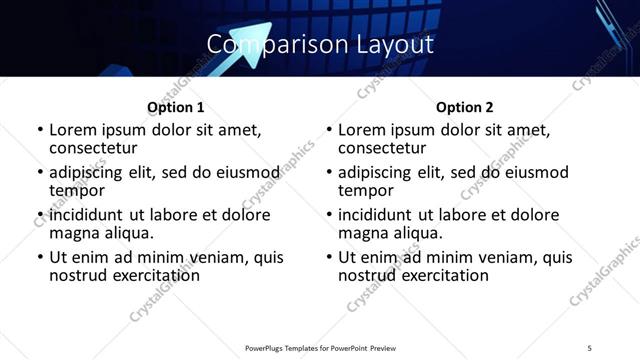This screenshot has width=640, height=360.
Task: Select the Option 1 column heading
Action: (176, 107)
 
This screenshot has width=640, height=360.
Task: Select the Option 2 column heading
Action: (465, 107)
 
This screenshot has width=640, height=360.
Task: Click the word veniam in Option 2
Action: (502, 257)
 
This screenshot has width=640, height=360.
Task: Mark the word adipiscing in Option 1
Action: (90, 172)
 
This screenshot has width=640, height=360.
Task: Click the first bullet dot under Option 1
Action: (39, 131)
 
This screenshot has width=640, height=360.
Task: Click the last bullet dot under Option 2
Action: (328, 257)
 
